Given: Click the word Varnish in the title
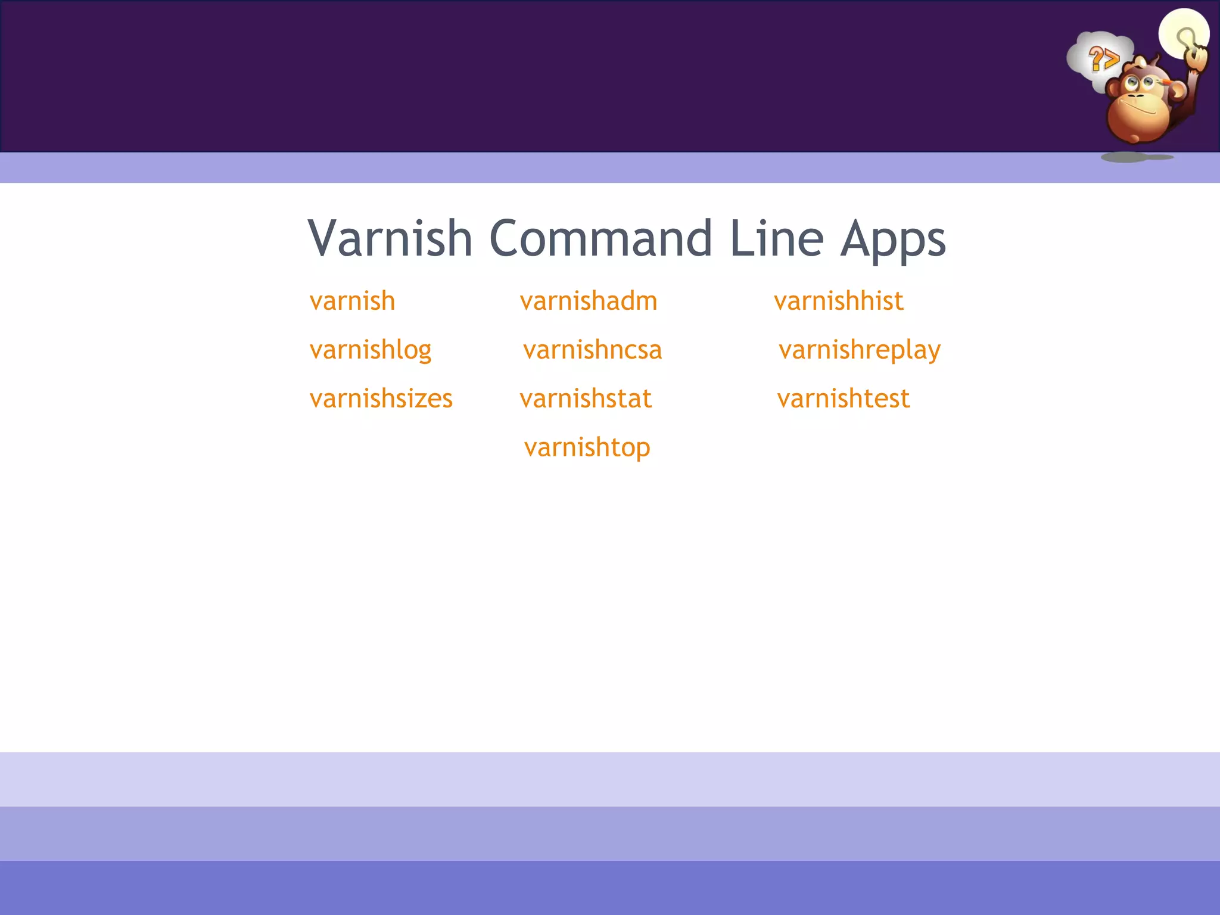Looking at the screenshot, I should [390, 238].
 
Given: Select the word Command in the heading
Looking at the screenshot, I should [600, 238].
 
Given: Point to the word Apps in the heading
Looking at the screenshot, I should [892, 241].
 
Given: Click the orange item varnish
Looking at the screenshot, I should [352, 301].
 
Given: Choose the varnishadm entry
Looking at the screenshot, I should [589, 301].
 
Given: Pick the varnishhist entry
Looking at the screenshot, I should [839, 301].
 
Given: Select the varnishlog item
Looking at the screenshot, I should [371, 350].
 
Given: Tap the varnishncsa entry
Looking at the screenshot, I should [593, 350].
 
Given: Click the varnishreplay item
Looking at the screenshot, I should [860, 350].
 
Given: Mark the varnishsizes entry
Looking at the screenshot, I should [381, 399].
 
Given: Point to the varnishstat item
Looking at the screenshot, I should [586, 399].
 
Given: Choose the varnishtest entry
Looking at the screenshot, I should [844, 399].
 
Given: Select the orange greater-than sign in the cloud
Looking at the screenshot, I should [1111, 60].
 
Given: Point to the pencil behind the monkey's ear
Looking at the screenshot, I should [1164, 80].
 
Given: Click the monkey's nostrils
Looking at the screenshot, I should [1135, 96].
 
